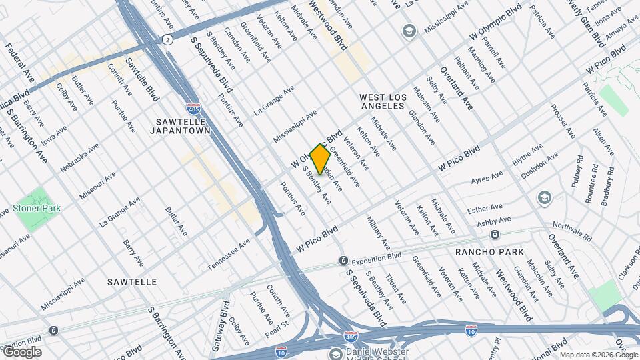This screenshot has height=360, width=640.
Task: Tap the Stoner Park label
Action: coord(37,208)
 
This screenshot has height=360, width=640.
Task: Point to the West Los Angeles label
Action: coord(383,101)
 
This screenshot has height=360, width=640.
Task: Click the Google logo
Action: coord(22,352)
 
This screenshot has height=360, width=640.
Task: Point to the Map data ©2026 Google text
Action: coord(598,354)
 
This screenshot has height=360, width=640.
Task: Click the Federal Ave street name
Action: coord(20,59)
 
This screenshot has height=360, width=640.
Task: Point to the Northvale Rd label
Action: coord(572,231)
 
